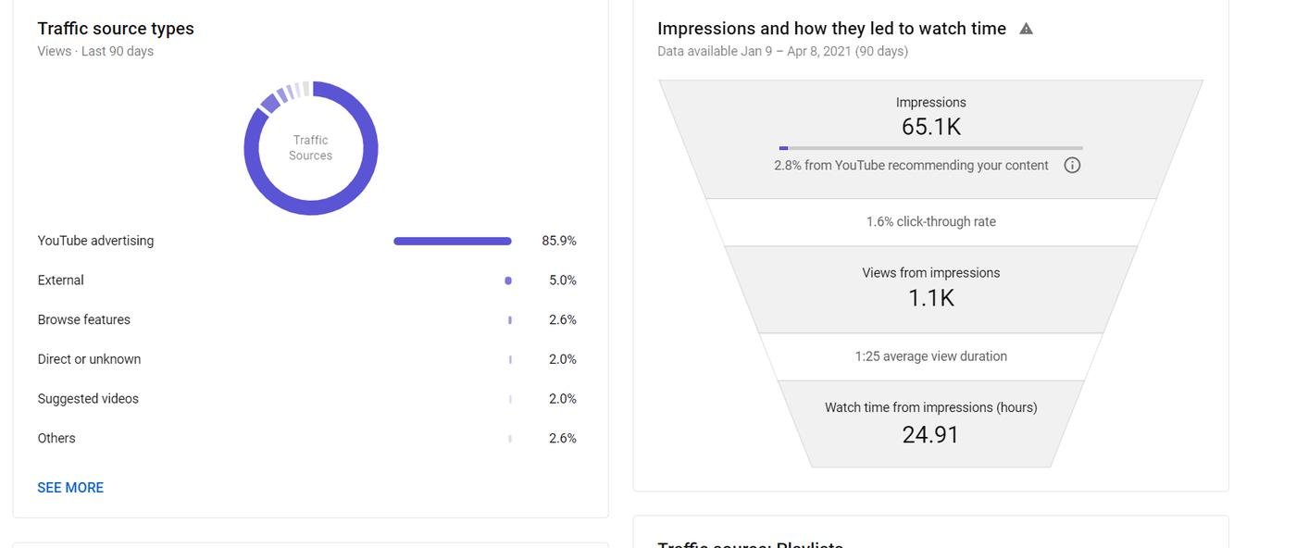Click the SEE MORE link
[70, 488]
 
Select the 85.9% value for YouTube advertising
[559, 241]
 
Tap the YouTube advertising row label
[95, 241]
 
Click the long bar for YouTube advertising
[452, 241]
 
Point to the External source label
[60, 280]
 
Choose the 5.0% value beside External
[563, 280]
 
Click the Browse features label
[83, 320]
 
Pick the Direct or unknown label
[89, 359]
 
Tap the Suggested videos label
[88, 399]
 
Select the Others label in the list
[56, 439]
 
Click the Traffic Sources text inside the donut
[311, 148]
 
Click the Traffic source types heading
[116, 29]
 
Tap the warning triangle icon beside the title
[1026, 29]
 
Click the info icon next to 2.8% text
[1072, 166]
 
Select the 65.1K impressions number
[931, 127]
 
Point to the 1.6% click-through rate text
[931, 222]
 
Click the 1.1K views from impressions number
[931, 298]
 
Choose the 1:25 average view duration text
[931, 356]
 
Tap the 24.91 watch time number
[931, 435]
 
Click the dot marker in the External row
[508, 280]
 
